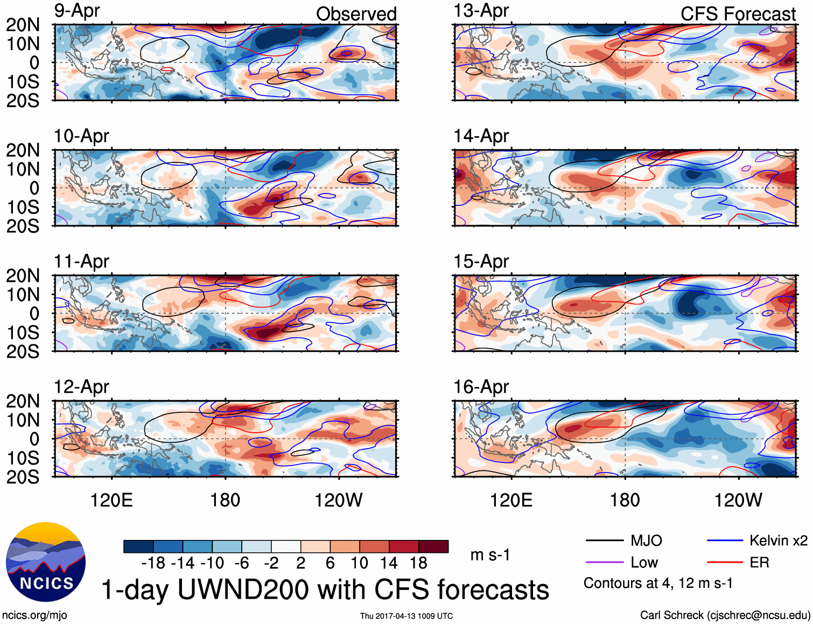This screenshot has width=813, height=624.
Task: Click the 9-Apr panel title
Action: click(77, 11)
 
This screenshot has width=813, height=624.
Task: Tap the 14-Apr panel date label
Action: click(481, 136)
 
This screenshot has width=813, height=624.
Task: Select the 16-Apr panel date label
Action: click(481, 387)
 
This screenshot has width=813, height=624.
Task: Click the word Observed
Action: click(356, 14)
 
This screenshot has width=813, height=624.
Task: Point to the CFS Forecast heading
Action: click(738, 14)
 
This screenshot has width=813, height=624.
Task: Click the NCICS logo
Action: click(46, 562)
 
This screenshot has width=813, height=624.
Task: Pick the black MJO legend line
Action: click(604, 540)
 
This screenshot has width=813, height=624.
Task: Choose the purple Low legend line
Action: click(604, 563)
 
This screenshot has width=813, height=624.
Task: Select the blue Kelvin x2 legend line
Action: click(725, 540)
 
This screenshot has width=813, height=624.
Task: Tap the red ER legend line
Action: click(725, 563)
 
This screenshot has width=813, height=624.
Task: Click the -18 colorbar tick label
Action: click(153, 563)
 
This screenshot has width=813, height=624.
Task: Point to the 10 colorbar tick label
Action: click(359, 563)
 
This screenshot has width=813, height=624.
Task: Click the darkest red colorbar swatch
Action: click(433, 546)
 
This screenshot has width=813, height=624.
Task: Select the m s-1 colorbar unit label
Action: click(490, 555)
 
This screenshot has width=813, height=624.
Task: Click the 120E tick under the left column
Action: click(111, 500)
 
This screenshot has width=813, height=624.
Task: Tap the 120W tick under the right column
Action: click(738, 500)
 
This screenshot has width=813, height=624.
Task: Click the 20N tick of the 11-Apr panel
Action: click(23, 276)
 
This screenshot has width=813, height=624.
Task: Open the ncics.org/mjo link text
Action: click(34, 615)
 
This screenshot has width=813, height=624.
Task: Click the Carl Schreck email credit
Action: click(725, 615)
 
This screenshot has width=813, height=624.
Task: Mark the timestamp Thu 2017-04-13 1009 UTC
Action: click(407, 616)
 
